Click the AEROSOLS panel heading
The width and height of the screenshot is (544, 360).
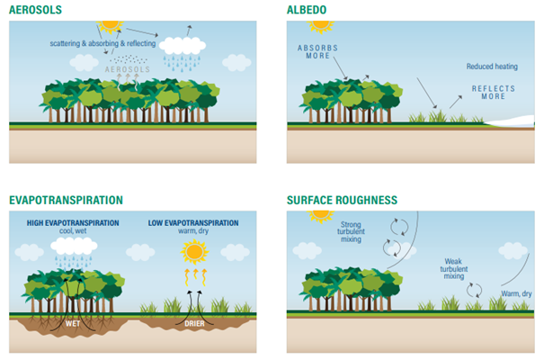35,10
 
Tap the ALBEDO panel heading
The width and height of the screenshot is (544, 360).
307,10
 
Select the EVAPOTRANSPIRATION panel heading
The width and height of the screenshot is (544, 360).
66,201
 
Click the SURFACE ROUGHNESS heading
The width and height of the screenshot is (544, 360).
342,201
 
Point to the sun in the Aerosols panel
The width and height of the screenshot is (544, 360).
111,26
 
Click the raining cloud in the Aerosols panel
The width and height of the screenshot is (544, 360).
183,54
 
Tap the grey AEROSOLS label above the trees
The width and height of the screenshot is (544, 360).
128,69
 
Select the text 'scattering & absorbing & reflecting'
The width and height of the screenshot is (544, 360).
103,43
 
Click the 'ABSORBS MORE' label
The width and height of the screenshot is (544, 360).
317,51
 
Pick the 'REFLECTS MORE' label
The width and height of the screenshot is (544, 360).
494,93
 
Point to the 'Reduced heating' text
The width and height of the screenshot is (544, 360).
492,67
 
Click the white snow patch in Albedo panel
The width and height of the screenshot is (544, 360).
510,121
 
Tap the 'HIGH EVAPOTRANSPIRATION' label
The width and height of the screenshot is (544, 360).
73,223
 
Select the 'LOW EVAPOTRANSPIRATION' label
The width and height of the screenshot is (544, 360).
193,223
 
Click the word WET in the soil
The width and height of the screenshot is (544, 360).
73,323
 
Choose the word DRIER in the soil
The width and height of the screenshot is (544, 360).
194,323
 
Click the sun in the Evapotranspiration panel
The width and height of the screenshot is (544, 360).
194,252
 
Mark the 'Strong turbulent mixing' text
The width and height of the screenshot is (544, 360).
351,232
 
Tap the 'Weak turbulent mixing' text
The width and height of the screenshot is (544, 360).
454,269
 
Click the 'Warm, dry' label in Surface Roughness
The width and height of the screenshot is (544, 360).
516,293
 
